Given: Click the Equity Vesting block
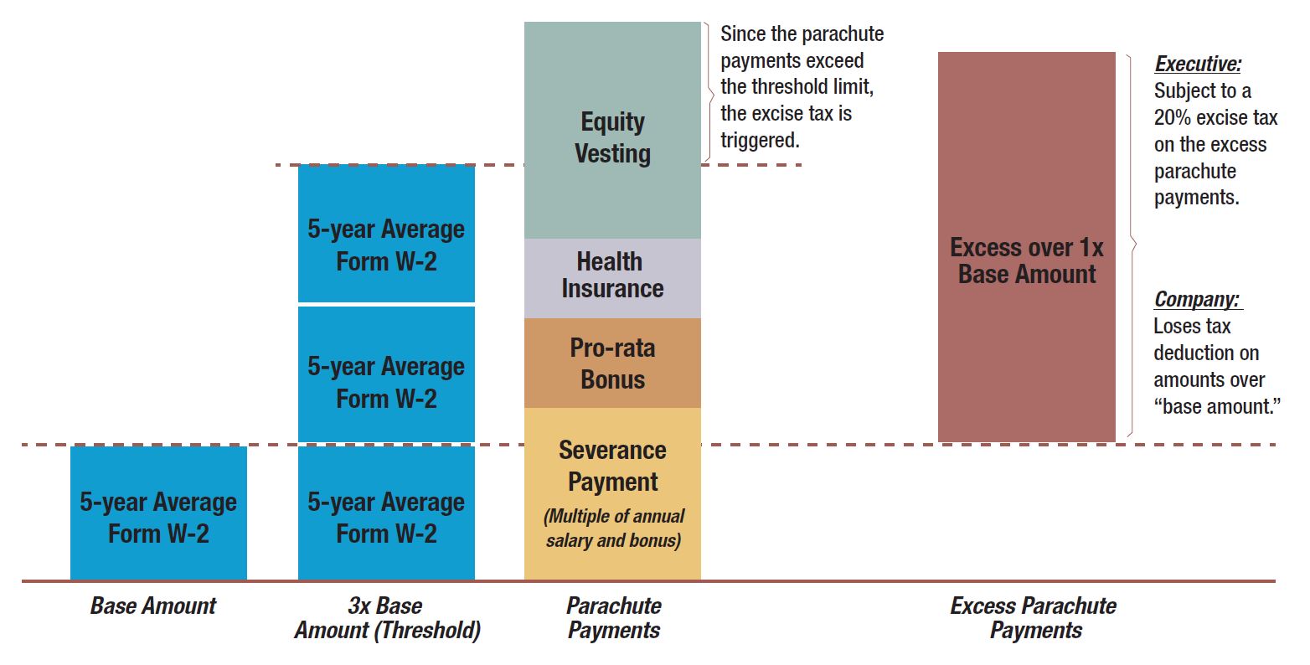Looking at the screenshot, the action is [x=612, y=131].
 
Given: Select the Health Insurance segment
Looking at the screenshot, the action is [x=612, y=278].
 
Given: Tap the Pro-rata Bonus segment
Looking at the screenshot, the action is [x=612, y=363].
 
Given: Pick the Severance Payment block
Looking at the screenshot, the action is [x=612, y=494].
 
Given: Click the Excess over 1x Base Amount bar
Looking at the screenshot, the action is [x=1026, y=247].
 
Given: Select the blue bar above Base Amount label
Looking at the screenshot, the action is [x=158, y=513].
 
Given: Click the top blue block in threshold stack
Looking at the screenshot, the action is [x=386, y=234].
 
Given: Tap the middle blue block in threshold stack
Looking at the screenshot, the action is [x=386, y=374].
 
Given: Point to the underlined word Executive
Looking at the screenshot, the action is [x=1198, y=64].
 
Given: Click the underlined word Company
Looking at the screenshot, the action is [x=1197, y=300].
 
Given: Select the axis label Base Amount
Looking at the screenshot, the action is [x=153, y=606].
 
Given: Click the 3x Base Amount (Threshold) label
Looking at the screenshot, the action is [x=387, y=618].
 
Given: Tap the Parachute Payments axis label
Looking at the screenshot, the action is [x=613, y=618].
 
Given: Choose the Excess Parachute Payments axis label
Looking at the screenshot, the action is [x=1034, y=618].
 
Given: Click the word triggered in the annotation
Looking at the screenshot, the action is [x=760, y=141].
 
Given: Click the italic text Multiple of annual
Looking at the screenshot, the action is [x=613, y=517].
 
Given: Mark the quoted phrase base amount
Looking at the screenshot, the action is [x=1217, y=406].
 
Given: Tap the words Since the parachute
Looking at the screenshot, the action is [x=802, y=34].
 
